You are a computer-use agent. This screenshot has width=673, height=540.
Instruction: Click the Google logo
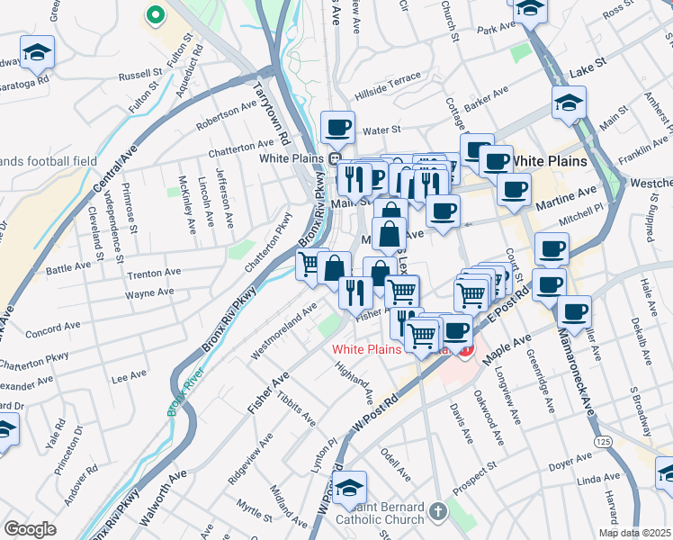coord(30,529)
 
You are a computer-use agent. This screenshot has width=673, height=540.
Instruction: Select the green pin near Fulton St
coord(155,15)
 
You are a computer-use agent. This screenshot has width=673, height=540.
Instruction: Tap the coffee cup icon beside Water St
coord(337,127)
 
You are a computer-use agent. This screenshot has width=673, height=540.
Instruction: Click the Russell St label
coord(139,76)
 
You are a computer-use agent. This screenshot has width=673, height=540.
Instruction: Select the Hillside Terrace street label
coord(388,79)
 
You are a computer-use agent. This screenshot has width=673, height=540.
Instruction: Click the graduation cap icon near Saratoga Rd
coord(38,53)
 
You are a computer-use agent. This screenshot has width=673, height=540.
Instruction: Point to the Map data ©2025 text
coord(634,533)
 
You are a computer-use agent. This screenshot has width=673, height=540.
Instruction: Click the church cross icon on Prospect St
coord(437,511)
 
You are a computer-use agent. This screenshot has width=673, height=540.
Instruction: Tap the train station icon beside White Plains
coord(334,159)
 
